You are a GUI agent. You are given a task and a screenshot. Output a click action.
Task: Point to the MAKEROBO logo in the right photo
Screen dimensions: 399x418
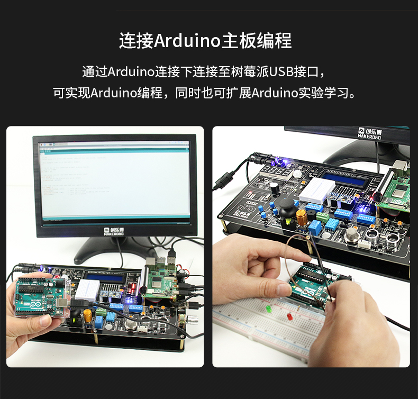pyautogui.click(x=369, y=132)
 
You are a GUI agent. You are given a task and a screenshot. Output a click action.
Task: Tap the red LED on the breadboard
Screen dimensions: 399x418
pyautogui.click(x=289, y=316)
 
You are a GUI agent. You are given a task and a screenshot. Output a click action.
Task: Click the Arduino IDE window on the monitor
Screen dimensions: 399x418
pyautogui.click(x=114, y=178)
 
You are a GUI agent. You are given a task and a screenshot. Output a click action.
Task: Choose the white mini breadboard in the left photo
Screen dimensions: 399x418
pyautogui.click(x=86, y=291)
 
